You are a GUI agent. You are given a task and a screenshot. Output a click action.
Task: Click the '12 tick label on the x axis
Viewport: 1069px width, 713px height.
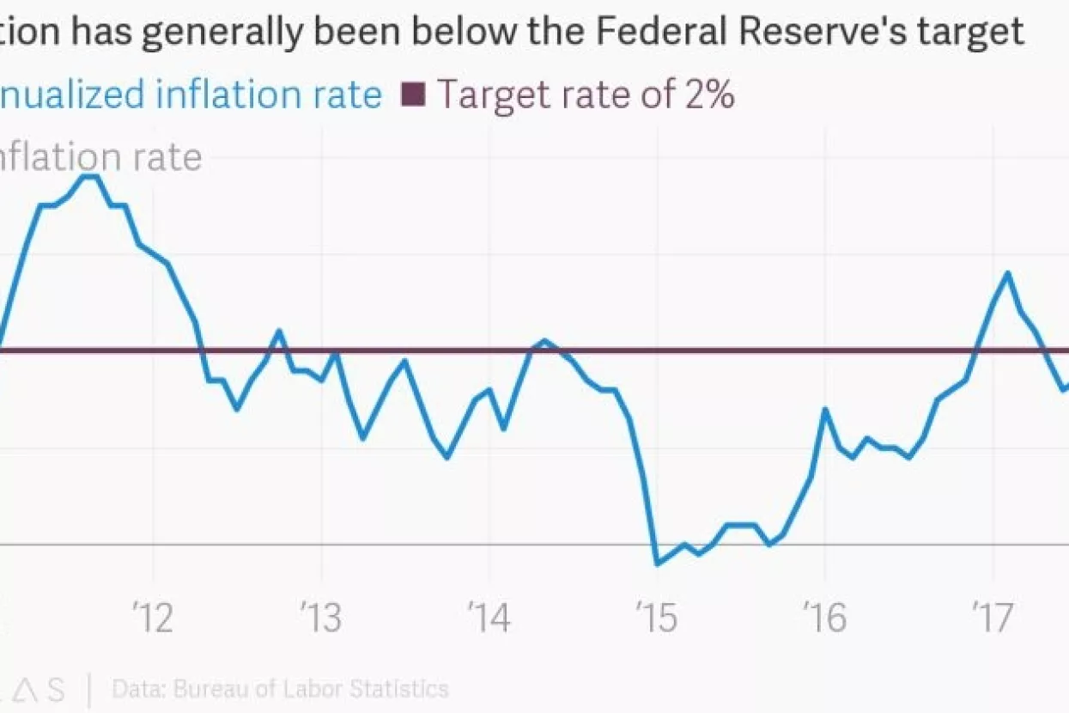pyautogui.click(x=155, y=619)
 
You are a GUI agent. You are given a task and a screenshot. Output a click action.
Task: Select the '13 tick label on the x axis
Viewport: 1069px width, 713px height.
pyautogui.click(x=323, y=619)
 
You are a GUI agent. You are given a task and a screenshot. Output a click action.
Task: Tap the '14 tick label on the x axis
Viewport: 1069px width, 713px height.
pyautogui.click(x=489, y=619)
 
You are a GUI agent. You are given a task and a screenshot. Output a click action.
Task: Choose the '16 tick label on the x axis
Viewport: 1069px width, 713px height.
pyautogui.click(x=825, y=619)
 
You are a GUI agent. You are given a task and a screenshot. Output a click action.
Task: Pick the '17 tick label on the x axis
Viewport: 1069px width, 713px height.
pyautogui.click(x=993, y=619)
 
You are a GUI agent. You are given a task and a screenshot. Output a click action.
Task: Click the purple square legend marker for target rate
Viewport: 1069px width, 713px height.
pyautogui.click(x=414, y=94)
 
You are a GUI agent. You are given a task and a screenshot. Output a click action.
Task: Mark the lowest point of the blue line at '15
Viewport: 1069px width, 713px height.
pyautogui.click(x=658, y=564)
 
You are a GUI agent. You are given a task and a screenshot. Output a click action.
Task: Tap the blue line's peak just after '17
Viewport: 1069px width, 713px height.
pyautogui.click(x=1007, y=273)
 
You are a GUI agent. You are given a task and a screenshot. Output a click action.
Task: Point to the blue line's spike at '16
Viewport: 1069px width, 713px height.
pyautogui.click(x=825, y=409)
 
